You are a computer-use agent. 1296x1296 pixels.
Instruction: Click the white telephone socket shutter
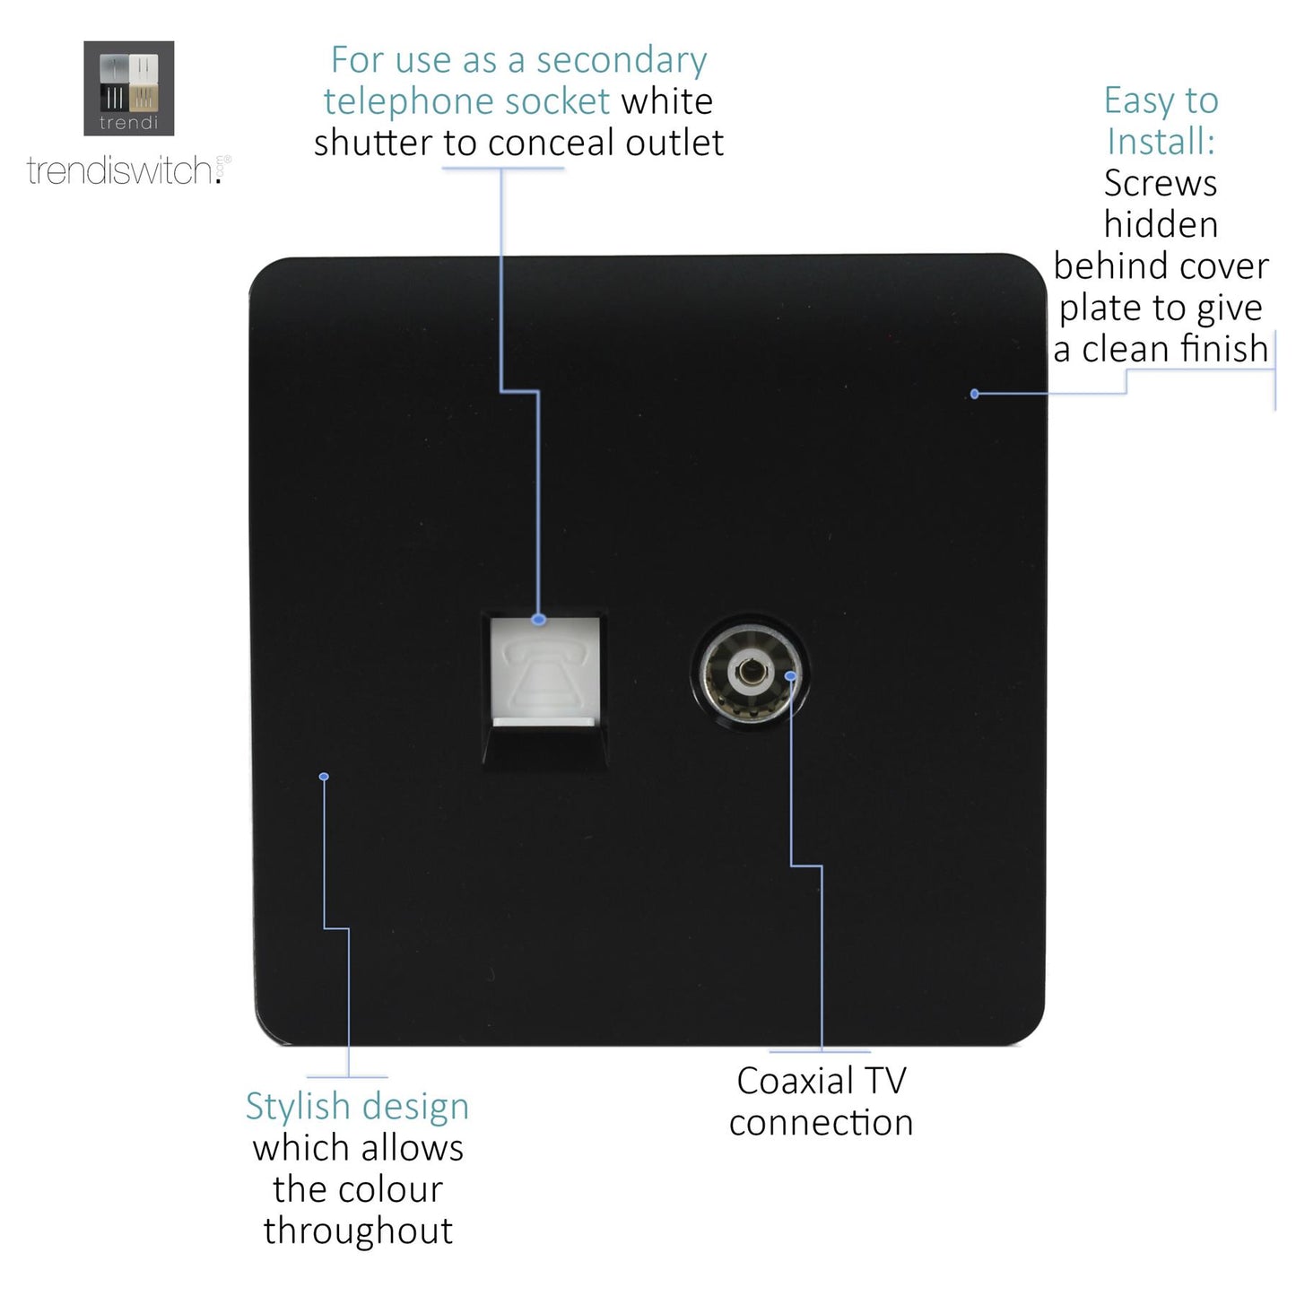point(544,668)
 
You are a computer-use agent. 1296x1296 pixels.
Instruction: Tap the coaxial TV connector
point(748,673)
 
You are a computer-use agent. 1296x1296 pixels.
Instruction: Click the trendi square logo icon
point(128,88)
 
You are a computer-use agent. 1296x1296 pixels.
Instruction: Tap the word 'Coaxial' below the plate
point(794,1082)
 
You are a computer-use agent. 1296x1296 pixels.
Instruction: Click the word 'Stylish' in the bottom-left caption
point(299,1107)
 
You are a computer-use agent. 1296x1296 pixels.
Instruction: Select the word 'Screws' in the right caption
point(1160,184)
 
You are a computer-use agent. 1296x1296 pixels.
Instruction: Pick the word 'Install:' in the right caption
point(1161,142)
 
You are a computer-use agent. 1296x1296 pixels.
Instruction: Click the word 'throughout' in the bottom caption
point(358,1231)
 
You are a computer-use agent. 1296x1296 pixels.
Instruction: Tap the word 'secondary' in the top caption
point(622,61)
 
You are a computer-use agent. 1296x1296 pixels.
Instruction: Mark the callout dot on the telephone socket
point(538,620)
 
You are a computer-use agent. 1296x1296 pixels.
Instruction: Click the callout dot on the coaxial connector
point(790,675)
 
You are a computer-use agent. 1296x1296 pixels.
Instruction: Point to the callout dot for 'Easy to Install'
point(975,394)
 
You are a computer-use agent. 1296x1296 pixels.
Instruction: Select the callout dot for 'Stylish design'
point(324,777)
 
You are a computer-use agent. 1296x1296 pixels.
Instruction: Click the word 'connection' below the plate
point(821,1123)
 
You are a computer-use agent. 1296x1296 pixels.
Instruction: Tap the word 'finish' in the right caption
point(1223,349)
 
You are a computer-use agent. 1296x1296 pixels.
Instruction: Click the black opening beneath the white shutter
point(544,743)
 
